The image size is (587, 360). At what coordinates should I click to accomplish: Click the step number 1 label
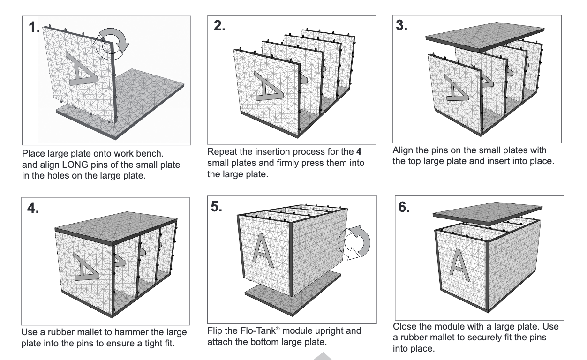click(x=34, y=28)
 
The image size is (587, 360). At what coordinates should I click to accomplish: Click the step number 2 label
click(x=219, y=26)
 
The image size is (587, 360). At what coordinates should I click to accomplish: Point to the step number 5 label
click(x=218, y=207)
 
